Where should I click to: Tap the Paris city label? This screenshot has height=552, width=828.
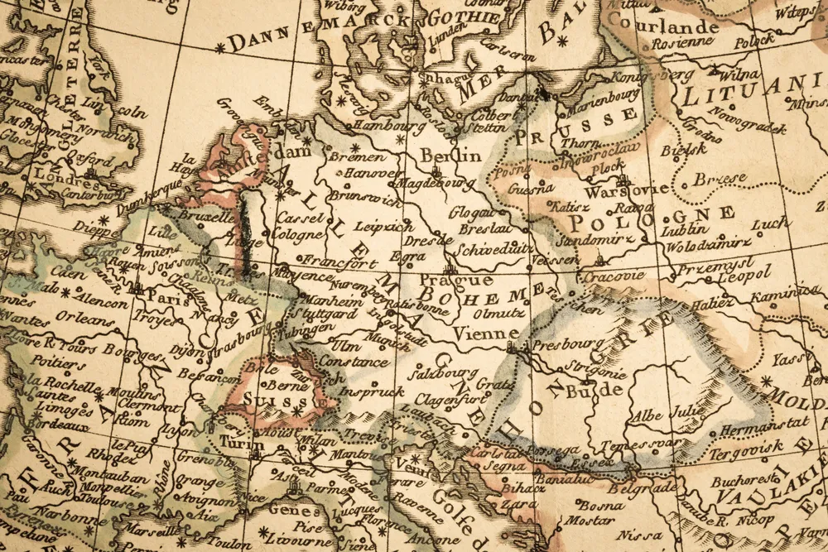point(169,299)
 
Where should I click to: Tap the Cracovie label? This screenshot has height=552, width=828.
point(612,275)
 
